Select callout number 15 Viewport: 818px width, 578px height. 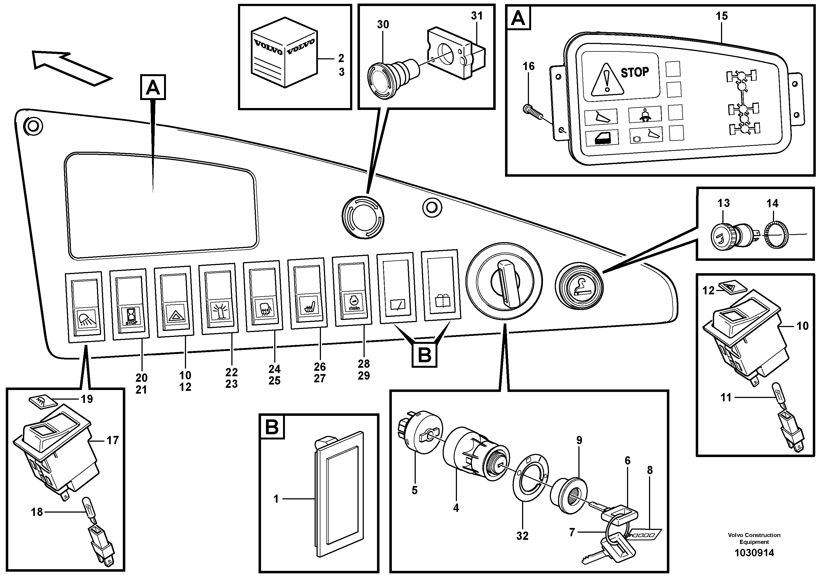722,16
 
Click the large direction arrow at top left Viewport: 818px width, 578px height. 71,68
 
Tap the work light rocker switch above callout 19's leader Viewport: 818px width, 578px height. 85,307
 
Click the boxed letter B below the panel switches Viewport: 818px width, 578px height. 424,355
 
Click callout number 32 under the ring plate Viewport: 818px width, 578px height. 522,536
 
